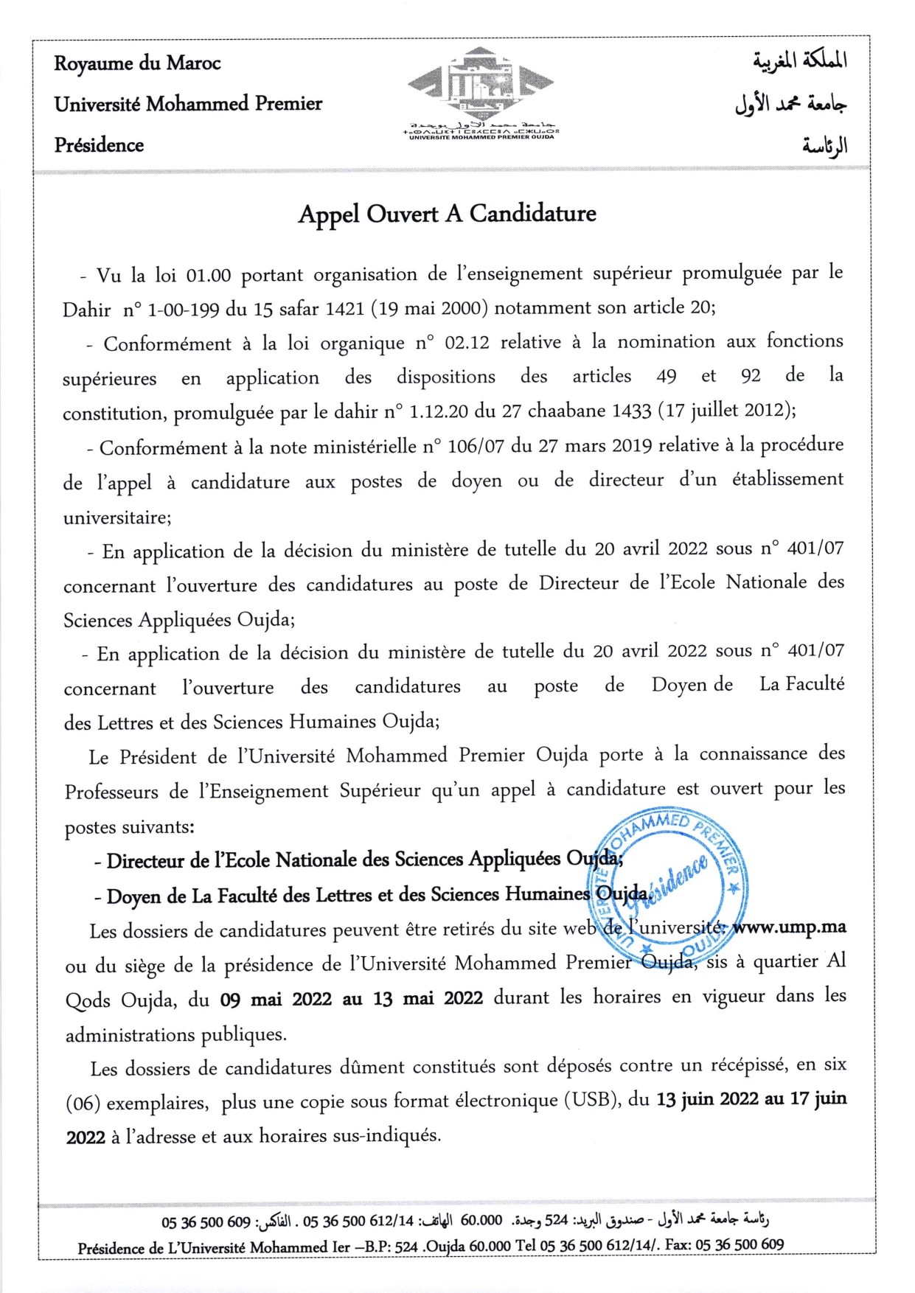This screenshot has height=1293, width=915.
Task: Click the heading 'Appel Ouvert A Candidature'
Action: tap(447, 214)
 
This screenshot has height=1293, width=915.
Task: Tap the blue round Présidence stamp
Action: tap(667, 880)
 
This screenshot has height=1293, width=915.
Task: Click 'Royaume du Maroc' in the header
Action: tap(137, 63)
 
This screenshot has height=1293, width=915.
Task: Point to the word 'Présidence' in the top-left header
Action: tap(99, 144)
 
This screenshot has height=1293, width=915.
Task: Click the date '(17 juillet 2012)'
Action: tap(726, 410)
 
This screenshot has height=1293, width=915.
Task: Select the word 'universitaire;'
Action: tap(117, 517)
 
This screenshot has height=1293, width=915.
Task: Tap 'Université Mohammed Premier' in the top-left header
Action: tap(188, 104)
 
